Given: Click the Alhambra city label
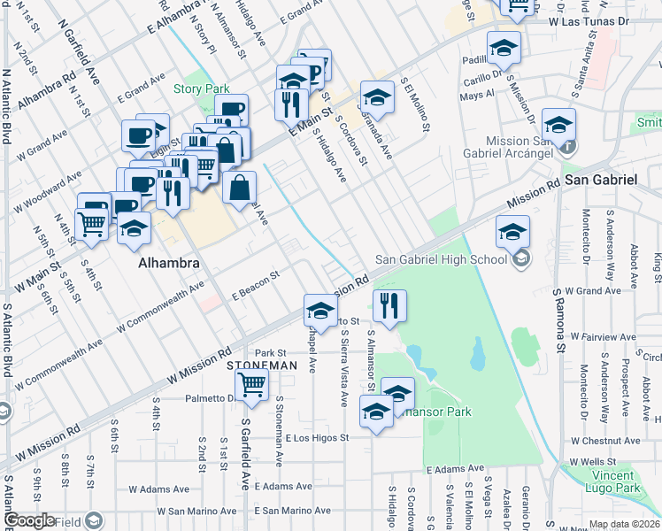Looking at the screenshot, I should coord(167,264).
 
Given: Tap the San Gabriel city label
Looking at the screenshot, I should coord(601,180).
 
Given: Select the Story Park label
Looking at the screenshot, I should coord(201,88).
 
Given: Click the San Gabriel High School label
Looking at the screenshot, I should coord(441,259).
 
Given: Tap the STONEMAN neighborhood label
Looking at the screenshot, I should coord(261,366).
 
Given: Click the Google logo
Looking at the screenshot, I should coord(30,520).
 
